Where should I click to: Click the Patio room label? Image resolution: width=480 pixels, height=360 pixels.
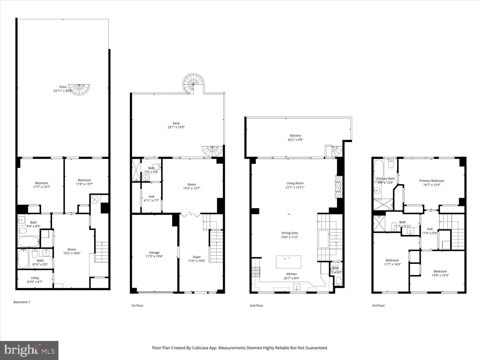(63, 87)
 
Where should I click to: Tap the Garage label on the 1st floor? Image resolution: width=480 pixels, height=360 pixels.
(154, 252)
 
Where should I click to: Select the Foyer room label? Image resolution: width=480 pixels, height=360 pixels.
(197, 257)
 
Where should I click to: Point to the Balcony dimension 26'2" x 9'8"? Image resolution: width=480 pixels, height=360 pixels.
(295, 140)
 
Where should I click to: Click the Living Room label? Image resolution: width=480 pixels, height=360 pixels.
(295, 183)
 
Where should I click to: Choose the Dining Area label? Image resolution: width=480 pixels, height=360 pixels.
(289, 233)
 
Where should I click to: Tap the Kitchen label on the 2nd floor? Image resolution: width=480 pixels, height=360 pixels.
(291, 274)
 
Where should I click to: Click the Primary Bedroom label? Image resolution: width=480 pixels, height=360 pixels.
(432, 181)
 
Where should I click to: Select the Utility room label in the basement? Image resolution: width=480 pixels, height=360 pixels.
(35, 278)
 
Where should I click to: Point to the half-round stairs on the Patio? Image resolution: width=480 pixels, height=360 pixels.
(79, 89)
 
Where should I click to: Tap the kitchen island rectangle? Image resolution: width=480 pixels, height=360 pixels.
(288, 262)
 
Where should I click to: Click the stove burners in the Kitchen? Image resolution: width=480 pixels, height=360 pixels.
(256, 272)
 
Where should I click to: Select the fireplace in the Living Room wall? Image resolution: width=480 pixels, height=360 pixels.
(338, 187)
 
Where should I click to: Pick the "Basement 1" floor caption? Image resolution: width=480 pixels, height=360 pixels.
(22, 302)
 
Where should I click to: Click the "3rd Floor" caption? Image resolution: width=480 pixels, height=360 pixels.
(378, 306)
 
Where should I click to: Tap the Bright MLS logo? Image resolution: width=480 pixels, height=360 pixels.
(29, 350)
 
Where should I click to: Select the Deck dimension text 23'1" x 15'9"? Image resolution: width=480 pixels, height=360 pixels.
(176, 127)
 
